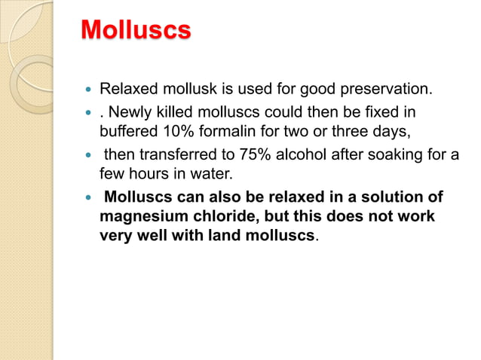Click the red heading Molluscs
coord(136,31)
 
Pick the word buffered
coord(129,130)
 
